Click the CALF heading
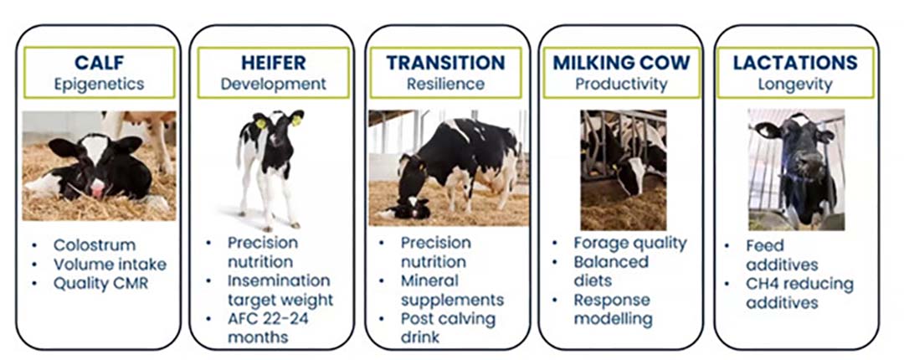click(99, 62)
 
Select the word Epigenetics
click(99, 85)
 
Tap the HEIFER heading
click(273, 62)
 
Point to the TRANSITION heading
click(445, 62)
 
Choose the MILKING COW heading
click(621, 62)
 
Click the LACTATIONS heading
click(795, 62)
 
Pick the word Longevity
click(795, 85)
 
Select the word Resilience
click(445, 85)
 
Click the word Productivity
click(621, 85)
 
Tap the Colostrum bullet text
click(95, 245)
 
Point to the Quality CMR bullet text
click(101, 284)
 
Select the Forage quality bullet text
click(630, 244)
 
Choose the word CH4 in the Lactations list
click(763, 284)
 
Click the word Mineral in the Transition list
click(429, 281)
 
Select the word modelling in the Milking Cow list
click(613, 319)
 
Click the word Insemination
click(279, 281)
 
